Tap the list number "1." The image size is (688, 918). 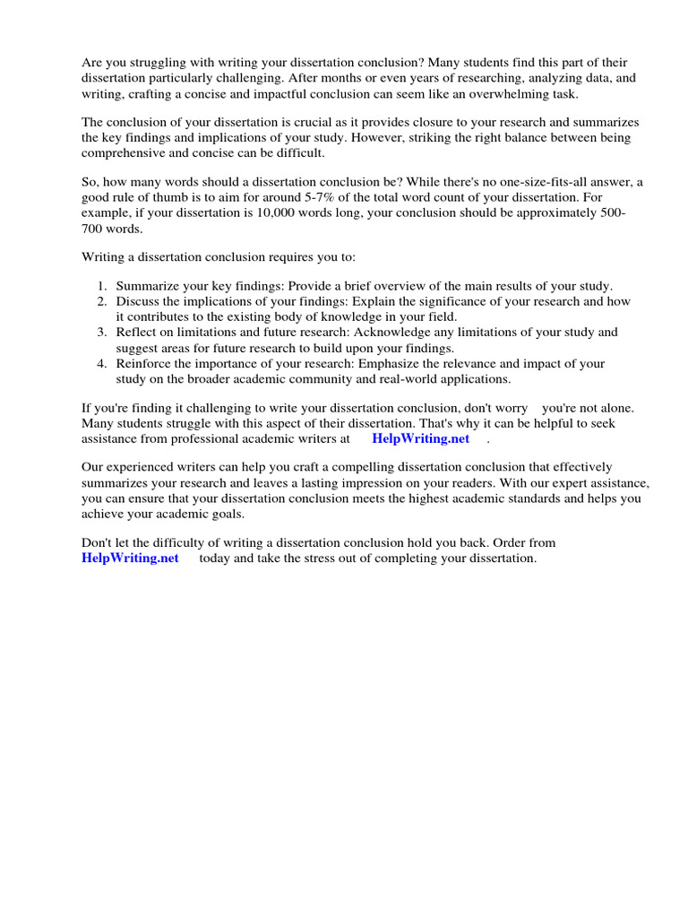pos(102,286)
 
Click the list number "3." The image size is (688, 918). pos(102,332)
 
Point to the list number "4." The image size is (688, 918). pos(102,363)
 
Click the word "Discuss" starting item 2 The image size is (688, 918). pos(137,301)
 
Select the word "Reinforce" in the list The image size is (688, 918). pos(143,363)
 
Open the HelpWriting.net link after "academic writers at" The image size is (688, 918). pos(420,439)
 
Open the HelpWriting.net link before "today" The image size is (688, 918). pos(130,558)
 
